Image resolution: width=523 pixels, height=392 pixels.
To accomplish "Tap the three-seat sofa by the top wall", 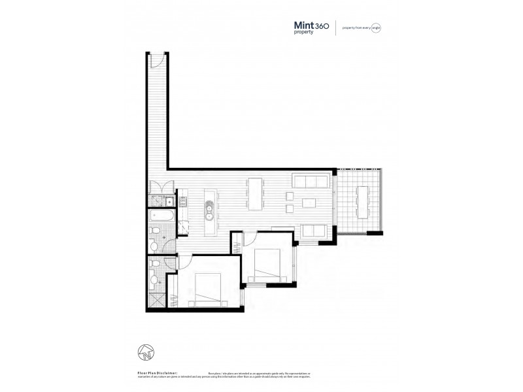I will click(x=310, y=181).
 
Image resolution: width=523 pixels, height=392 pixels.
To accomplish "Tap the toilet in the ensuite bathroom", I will click(x=154, y=280).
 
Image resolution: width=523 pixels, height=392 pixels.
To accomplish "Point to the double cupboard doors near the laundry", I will click(x=159, y=186).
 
